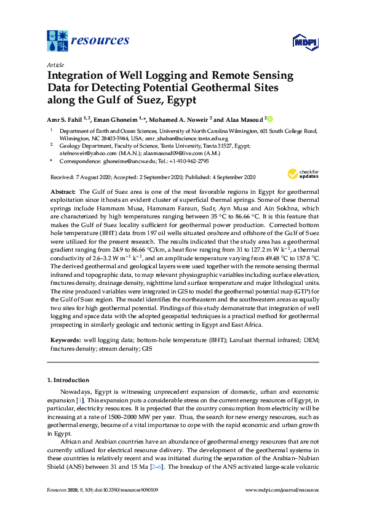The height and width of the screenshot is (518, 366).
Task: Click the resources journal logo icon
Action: tap(57, 41)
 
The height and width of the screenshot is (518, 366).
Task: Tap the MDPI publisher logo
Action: tap(300, 42)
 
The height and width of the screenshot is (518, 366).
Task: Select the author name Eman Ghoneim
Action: tap(116, 118)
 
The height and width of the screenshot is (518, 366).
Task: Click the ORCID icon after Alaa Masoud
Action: tap(269, 118)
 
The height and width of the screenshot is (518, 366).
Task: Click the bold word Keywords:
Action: tap(64, 338)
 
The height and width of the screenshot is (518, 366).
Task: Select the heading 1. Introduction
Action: tap(70, 381)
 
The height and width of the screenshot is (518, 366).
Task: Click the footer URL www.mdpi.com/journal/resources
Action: tap(282, 490)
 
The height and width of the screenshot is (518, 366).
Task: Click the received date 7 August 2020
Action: tap(90, 177)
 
